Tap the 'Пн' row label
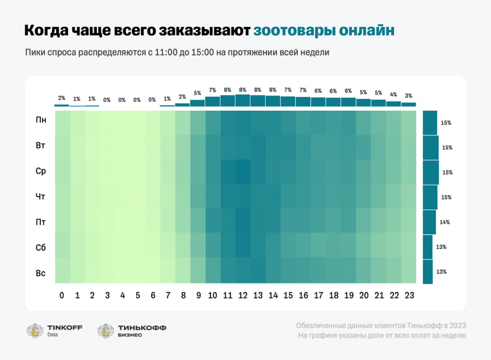coord(41,120)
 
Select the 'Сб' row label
coord(41,248)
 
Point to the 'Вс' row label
coord(41,273)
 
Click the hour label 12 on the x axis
coord(243,296)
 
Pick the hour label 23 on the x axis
coord(409,296)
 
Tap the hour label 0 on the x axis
coord(61,296)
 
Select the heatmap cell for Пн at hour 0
coord(62,123)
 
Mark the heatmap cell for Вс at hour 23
coord(409,270)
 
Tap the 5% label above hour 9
coord(197,93)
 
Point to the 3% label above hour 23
coord(409,95)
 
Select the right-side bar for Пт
coord(429,222)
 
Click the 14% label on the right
coord(444,222)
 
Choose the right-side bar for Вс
coord(428,272)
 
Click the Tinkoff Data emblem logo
coord(35,331)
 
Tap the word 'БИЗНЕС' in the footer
coord(129,335)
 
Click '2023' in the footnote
coord(456,326)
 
